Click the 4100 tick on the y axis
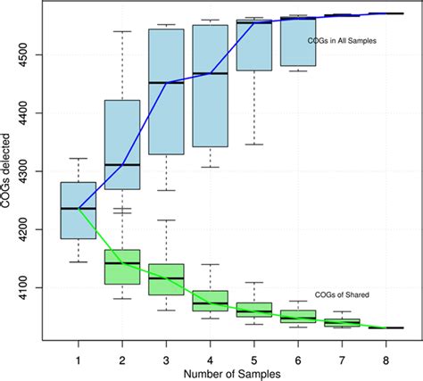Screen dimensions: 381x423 pyautogui.click(x=36, y=287)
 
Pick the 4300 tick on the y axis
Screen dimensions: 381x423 pyautogui.click(x=36, y=171)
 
